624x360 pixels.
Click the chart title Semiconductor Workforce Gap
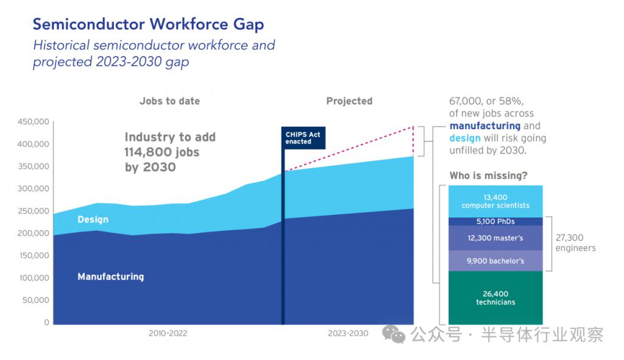(148, 24)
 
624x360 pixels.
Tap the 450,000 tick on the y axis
(33, 122)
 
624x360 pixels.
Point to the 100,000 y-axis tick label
(33, 278)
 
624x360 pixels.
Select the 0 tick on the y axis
(46, 322)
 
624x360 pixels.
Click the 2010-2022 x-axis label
(168, 333)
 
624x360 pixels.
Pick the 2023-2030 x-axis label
(348, 333)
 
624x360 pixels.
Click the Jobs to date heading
(169, 101)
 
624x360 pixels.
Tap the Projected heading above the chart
(349, 101)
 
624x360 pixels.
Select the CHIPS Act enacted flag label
(303, 138)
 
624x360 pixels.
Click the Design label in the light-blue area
(93, 219)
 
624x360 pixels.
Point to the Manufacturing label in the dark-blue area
(110, 277)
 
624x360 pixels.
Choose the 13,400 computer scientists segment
(495, 202)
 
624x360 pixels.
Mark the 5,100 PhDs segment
(495, 222)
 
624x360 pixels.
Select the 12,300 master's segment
(495, 238)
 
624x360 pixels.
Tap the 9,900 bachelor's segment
(495, 261)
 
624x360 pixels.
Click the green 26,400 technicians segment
(495, 298)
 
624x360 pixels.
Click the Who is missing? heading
(488, 176)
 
